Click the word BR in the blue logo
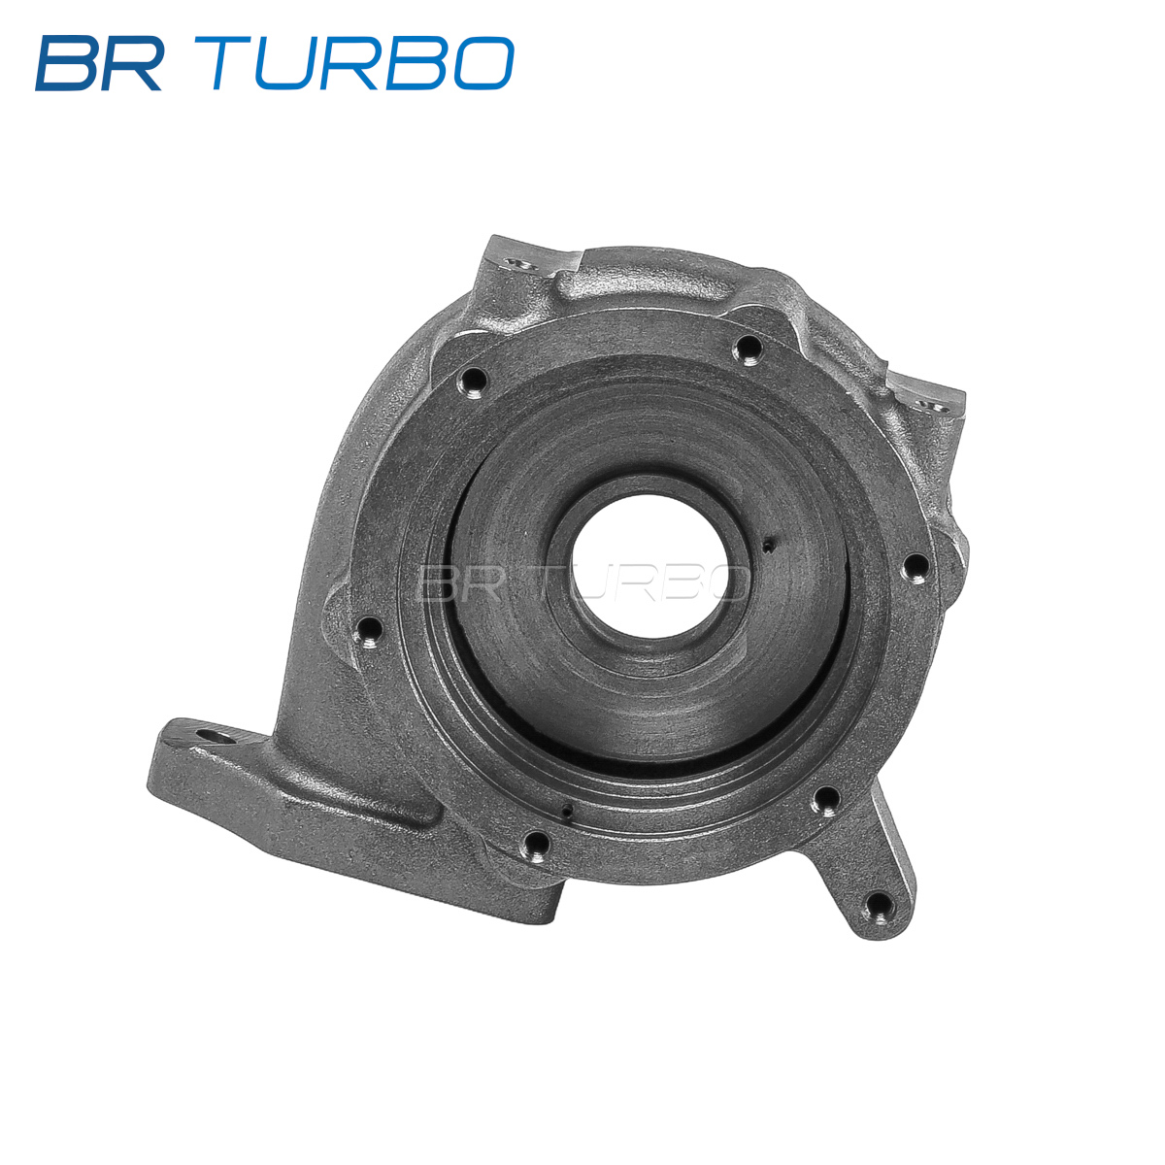99,63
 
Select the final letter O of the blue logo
483,63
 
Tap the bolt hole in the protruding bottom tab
879,905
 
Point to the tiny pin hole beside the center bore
768,545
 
